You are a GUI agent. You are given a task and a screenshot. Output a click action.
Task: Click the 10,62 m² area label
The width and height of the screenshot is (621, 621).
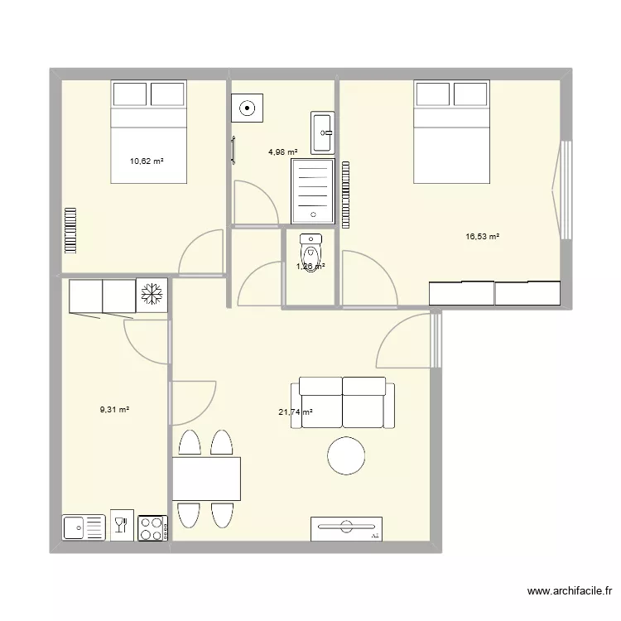[x=146, y=161]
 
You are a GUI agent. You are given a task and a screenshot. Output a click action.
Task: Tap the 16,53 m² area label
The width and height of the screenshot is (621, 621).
[x=482, y=237]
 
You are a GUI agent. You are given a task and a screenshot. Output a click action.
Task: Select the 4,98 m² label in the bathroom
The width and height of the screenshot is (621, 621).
[x=282, y=152]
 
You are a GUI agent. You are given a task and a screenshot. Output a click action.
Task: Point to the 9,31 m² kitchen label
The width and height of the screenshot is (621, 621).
[x=115, y=408]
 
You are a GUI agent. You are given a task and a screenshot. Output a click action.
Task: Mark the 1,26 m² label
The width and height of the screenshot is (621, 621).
[x=310, y=267]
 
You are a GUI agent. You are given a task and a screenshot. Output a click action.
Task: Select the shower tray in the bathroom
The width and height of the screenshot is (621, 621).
[x=312, y=191]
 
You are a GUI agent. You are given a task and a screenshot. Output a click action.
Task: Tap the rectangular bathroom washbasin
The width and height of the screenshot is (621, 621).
[x=322, y=133]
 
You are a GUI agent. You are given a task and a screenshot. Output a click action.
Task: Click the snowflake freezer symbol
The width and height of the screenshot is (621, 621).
[x=152, y=294]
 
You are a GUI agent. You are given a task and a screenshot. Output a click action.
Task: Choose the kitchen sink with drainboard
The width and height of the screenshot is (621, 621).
[x=84, y=527]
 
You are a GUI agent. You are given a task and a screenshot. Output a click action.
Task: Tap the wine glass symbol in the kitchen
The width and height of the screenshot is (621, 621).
[x=121, y=524]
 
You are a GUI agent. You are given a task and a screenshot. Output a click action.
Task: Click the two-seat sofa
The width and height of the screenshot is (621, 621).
[x=342, y=402]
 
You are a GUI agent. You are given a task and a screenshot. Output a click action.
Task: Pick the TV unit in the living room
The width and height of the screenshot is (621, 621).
[x=347, y=528]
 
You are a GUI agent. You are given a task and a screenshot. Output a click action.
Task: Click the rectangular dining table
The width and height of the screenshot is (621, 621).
[x=205, y=479]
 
